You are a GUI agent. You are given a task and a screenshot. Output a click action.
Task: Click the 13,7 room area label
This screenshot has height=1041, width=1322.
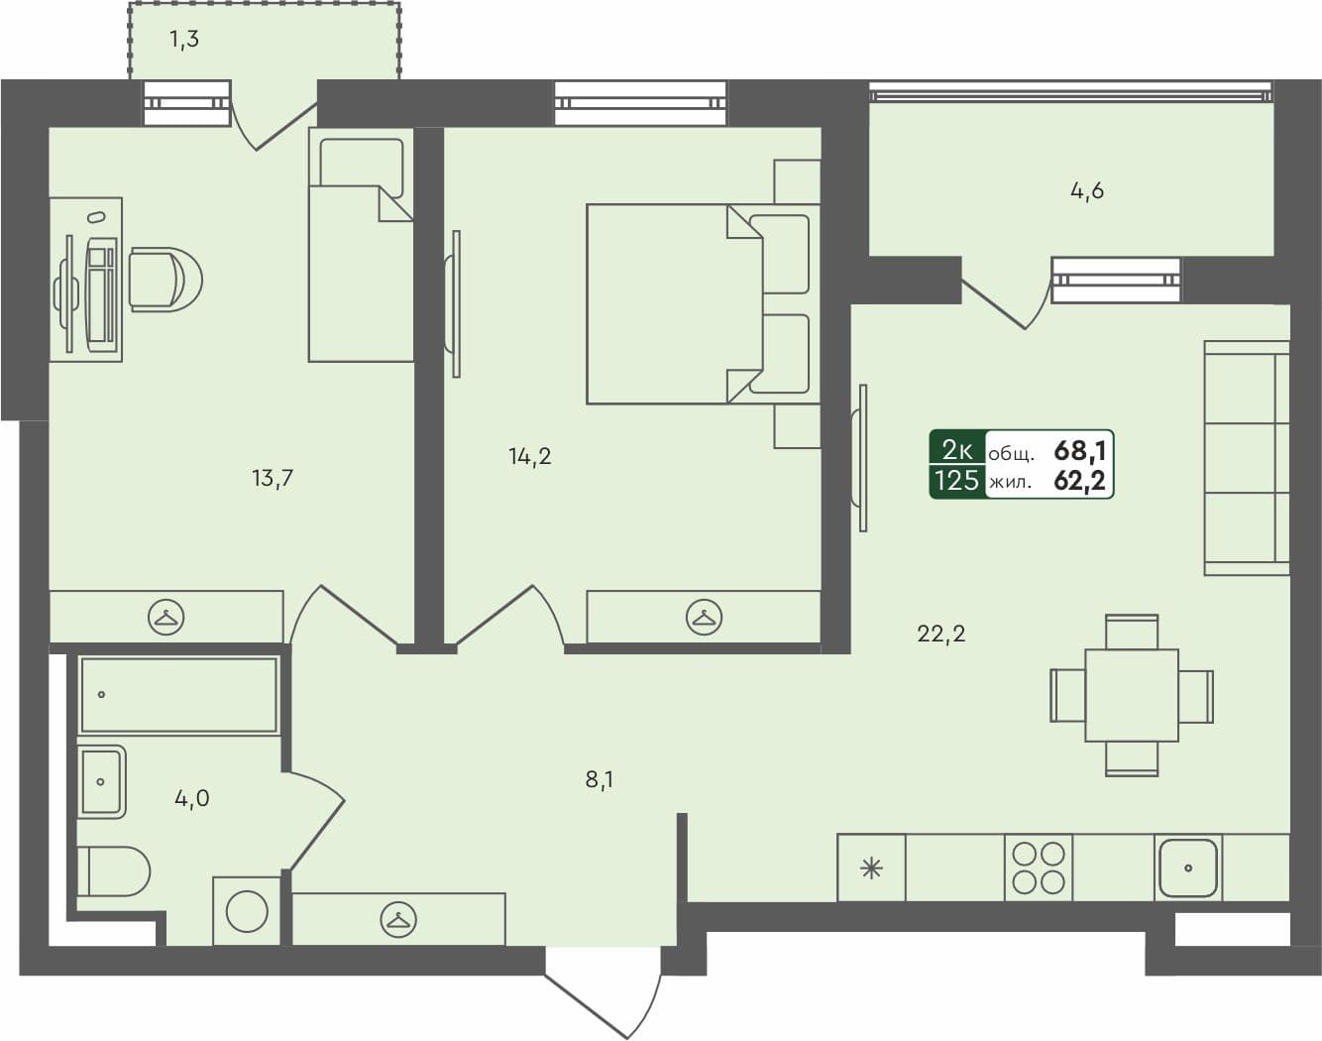[272, 479]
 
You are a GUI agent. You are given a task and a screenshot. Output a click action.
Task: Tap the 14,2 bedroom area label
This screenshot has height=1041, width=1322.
[529, 457]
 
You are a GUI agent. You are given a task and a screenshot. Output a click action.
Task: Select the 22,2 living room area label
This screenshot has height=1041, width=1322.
[940, 634]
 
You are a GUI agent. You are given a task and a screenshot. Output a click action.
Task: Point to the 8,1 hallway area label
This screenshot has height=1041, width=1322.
[599, 780]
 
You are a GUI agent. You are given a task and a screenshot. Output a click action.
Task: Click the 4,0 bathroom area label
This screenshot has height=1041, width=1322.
[191, 798]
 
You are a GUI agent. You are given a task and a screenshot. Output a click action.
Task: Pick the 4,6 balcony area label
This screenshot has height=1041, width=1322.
[1086, 191]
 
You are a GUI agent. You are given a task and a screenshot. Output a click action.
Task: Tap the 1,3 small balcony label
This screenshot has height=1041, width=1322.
[183, 41]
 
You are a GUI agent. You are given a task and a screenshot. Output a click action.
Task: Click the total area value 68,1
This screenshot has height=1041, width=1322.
[1079, 451]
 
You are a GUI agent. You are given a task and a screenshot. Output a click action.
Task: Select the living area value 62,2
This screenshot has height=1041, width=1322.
[1079, 483]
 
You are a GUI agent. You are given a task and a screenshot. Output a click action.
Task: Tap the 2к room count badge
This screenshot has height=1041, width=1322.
[956, 451]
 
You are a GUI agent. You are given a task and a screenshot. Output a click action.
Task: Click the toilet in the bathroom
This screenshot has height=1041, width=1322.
[113, 871]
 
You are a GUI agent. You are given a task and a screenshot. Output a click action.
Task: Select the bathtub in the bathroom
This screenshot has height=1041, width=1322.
[178, 695]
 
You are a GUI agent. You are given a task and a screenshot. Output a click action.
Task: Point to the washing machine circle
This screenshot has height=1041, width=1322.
[247, 911]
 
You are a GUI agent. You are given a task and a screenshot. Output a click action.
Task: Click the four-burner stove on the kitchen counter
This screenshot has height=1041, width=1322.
[1039, 867]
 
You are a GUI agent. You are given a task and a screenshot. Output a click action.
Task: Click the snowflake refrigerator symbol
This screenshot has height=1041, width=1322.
[871, 869]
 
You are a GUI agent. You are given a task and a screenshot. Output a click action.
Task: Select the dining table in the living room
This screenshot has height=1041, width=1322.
[1131, 695]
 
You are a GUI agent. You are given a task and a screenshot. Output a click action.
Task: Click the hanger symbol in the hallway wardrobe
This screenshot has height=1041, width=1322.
[398, 920]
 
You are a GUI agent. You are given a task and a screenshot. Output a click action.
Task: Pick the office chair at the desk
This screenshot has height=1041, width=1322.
[165, 279]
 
